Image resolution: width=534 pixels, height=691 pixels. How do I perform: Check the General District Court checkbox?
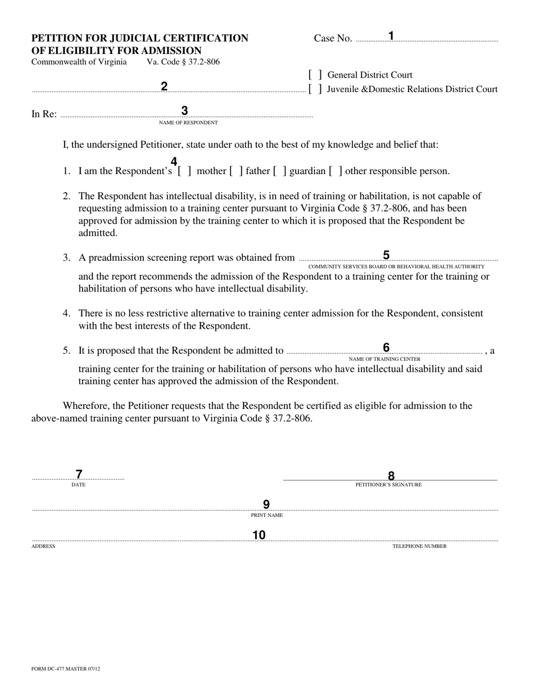coord(315,75)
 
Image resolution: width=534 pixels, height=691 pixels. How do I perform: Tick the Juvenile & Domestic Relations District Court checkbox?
coord(315,89)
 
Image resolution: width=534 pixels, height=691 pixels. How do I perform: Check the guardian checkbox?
coord(280,171)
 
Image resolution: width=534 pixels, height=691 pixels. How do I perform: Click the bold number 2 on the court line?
coord(164,87)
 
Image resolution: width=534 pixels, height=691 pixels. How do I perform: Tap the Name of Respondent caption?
coord(188,122)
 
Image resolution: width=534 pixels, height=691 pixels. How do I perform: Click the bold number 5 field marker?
coord(386,256)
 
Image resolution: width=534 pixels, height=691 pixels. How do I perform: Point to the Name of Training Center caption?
coord(384,359)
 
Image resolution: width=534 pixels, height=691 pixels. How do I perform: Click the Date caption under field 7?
coord(79,485)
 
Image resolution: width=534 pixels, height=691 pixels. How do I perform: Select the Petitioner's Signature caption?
coord(388,485)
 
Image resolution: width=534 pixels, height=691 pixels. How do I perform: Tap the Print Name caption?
coord(267,515)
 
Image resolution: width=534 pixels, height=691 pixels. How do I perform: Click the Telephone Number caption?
coord(419,546)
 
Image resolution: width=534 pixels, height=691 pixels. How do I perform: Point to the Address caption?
coord(43,546)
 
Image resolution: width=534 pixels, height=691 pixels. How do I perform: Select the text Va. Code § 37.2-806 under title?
coord(183,62)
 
